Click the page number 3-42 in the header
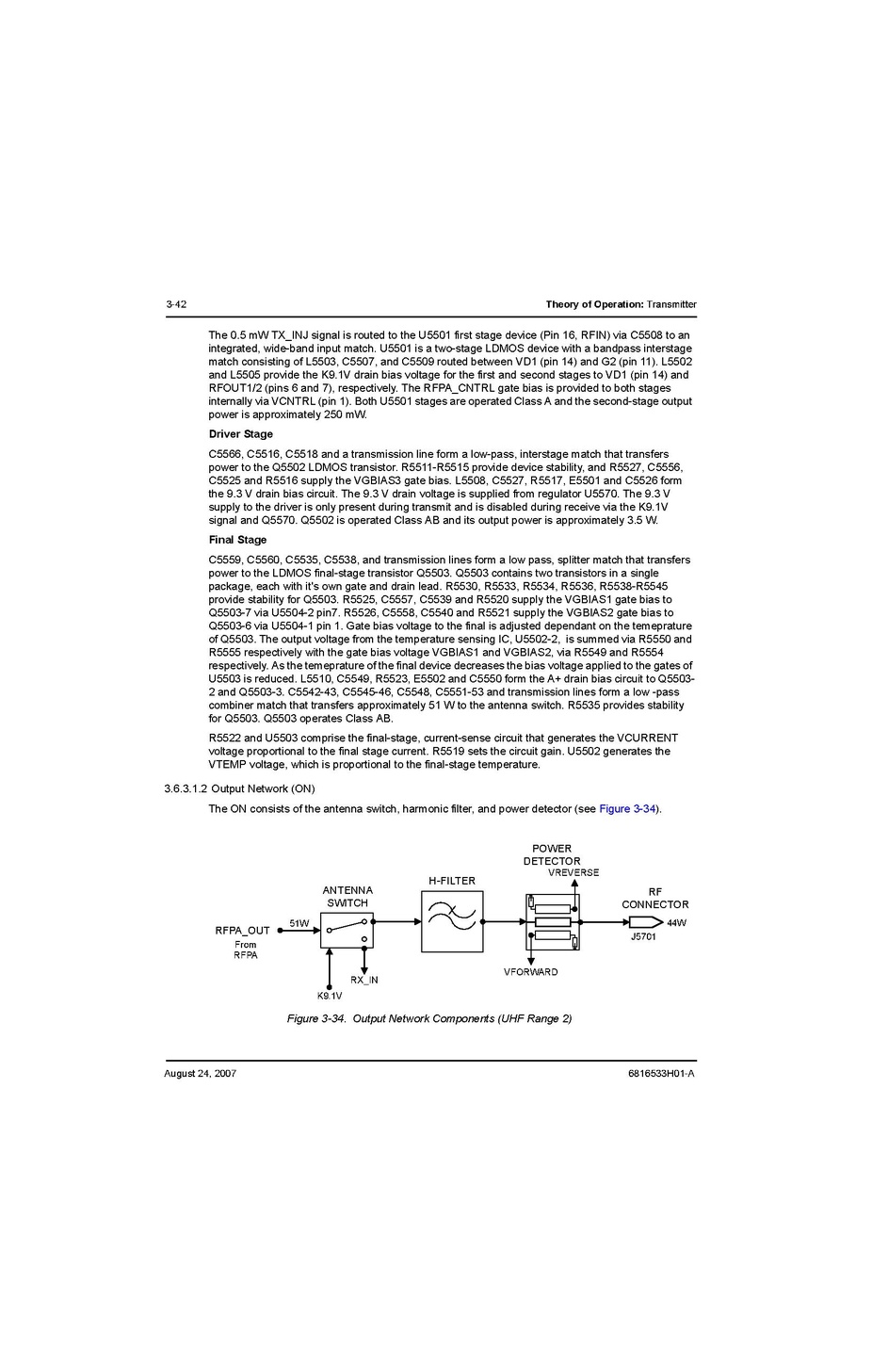click(x=176, y=304)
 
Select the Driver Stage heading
click(x=241, y=434)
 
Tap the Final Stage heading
click(x=237, y=540)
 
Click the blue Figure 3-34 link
click(x=627, y=809)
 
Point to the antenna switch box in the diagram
click(x=347, y=930)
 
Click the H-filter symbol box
click(x=452, y=922)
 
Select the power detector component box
click(x=553, y=922)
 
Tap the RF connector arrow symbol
click(x=645, y=922)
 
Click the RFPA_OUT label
click(x=242, y=931)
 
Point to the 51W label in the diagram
click(x=299, y=923)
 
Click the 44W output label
click(x=676, y=923)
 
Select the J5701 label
click(x=643, y=937)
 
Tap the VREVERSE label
click(x=573, y=872)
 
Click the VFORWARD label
click(x=530, y=972)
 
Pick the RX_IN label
click(x=364, y=980)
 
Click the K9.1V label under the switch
click(x=330, y=996)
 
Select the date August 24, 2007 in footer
click(x=200, y=1074)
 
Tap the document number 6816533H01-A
click(x=661, y=1074)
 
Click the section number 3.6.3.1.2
click(x=186, y=788)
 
